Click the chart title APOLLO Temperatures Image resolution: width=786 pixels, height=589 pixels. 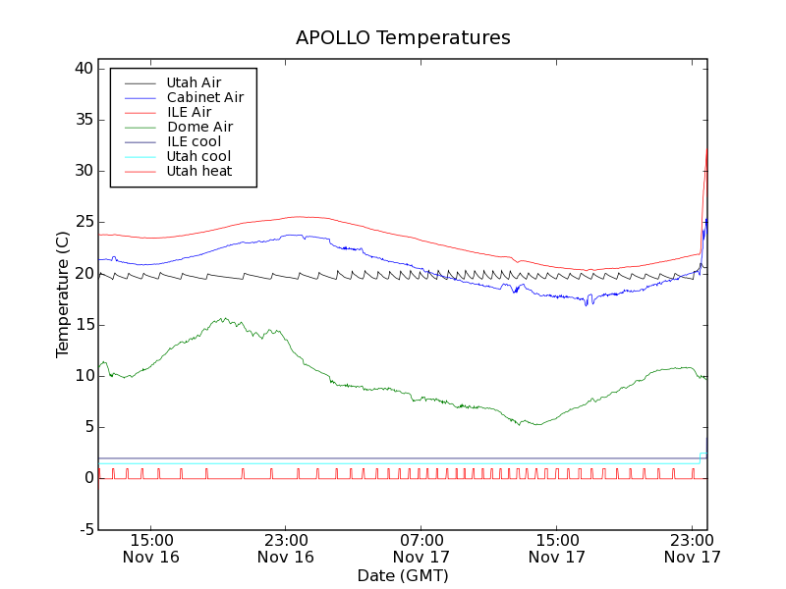point(403,38)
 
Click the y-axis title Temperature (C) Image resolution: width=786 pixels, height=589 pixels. point(63,294)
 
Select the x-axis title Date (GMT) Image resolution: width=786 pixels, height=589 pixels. point(403,575)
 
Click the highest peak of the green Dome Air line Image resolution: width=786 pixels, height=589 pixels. point(225,317)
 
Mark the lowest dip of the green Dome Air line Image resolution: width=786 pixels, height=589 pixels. point(536,424)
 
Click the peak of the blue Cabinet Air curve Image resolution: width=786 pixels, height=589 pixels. point(293,235)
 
